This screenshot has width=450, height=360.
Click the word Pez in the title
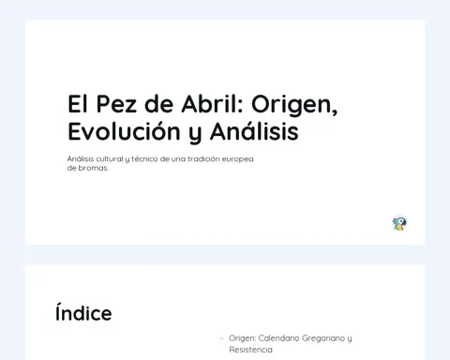116,104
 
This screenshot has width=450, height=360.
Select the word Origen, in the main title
294,105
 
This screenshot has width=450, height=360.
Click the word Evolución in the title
124,131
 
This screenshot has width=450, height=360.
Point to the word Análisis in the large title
254,131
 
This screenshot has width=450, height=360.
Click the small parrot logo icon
399,224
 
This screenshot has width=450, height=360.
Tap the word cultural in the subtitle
110,159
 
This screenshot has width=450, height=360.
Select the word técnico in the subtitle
144,159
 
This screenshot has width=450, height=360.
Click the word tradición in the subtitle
203,159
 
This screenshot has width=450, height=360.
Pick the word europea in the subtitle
238,159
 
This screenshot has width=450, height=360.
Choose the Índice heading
83,313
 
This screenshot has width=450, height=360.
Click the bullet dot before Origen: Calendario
222,338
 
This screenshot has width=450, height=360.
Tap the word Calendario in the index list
278,338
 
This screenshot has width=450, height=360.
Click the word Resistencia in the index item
250,350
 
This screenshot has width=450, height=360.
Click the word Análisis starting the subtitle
81,159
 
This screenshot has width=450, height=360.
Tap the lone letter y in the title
195,133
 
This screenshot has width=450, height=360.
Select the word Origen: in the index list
243,338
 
